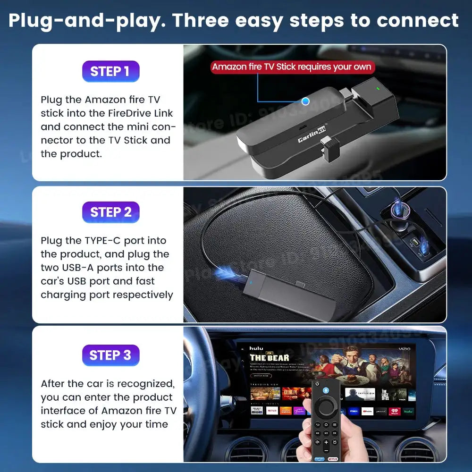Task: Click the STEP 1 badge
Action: coord(110,71)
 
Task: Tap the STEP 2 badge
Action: coord(110,212)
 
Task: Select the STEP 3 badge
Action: coord(110,355)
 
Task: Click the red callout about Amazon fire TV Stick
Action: coord(292,67)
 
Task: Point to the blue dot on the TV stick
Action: coord(305,101)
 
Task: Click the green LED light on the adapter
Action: coord(378,87)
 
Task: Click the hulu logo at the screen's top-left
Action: coord(257,348)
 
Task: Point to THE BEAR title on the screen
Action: coord(269,358)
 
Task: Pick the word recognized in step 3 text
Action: coord(145,384)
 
